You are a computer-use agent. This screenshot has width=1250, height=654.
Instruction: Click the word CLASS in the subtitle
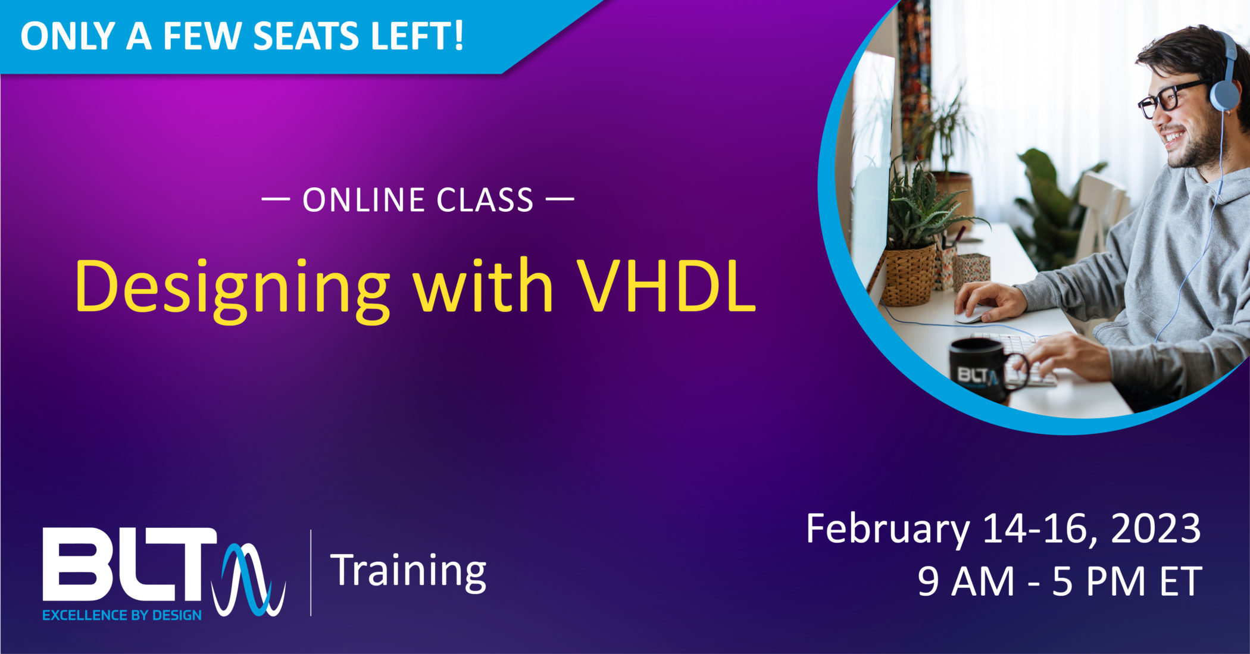click(485, 200)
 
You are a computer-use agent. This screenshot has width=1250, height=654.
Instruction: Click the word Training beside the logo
click(408, 572)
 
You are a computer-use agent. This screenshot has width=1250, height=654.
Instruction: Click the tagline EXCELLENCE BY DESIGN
click(122, 615)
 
